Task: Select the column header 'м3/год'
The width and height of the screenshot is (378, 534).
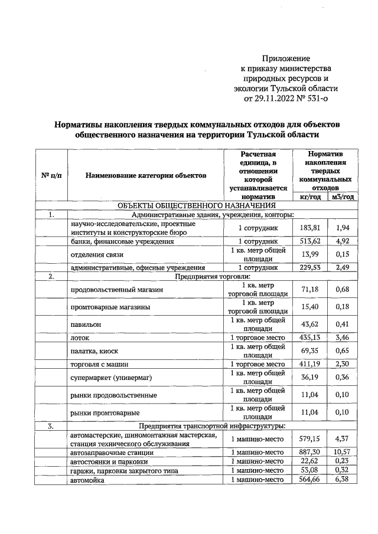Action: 341,196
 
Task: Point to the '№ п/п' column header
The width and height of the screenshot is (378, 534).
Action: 51,175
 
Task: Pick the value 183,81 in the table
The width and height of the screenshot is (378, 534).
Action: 309,228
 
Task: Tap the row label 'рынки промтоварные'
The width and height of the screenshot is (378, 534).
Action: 105,412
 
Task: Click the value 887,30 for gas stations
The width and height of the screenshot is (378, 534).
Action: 309,451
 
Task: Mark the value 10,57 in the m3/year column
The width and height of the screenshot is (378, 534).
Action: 341,451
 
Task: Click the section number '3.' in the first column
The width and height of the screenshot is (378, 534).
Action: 51,425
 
